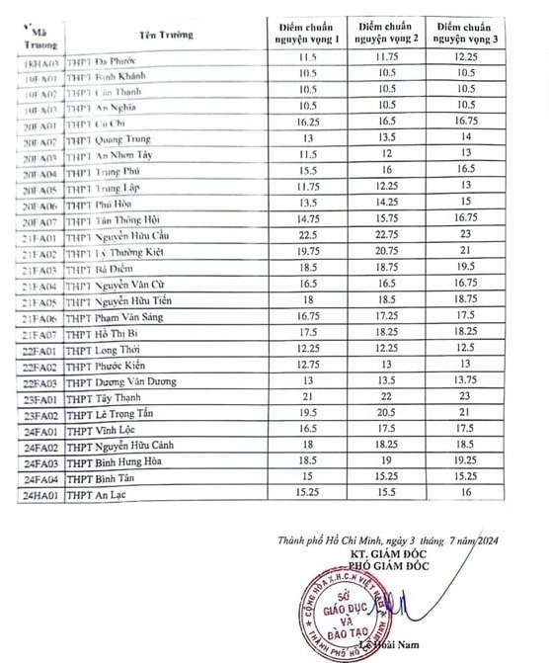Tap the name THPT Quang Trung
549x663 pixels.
(109, 142)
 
